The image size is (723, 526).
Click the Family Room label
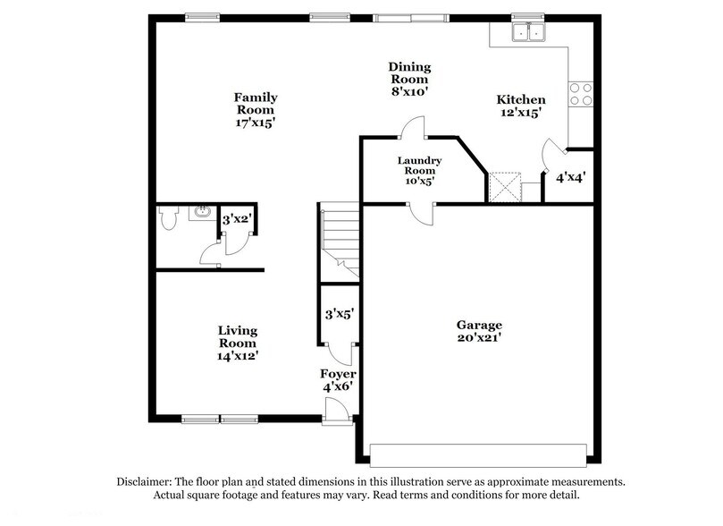256,110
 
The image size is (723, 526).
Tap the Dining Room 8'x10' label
409,79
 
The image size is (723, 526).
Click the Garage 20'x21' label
480,331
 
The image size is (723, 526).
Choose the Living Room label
238,343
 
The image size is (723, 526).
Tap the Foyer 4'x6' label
339,379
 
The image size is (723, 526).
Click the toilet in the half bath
168,218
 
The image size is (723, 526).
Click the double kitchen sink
527,33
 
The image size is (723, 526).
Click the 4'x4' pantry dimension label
570,177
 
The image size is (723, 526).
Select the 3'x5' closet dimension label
340,314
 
